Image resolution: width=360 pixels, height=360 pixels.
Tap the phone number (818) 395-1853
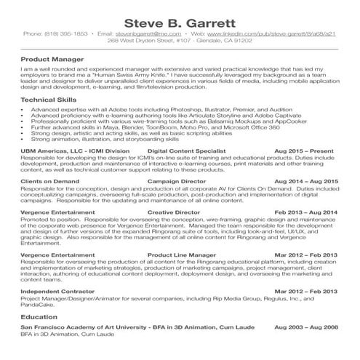[76, 33]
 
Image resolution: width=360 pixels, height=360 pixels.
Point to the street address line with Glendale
[180, 41]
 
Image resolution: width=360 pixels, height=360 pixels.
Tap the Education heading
[39, 318]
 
